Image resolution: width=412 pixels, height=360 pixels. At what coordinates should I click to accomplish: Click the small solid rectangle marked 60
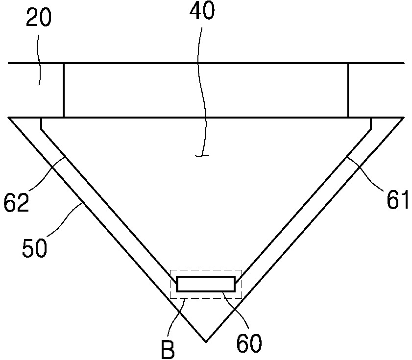pos(205,284)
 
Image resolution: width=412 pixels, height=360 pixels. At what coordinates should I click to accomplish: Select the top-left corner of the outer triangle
pos(9,118)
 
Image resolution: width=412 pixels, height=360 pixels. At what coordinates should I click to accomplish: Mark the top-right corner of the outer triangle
pos(403,118)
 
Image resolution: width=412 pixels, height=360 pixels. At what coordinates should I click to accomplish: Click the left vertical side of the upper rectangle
pos(64,90)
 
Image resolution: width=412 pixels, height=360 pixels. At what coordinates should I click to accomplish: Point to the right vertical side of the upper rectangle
pos(348,90)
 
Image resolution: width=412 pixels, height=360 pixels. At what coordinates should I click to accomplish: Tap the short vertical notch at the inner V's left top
pos(41,123)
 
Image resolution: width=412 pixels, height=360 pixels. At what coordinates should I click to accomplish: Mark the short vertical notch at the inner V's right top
pos(371,123)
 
